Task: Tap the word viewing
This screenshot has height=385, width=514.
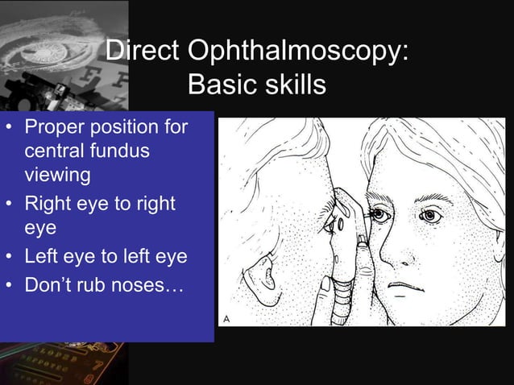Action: coord(57,173)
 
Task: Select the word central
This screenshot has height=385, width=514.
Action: coord(56,151)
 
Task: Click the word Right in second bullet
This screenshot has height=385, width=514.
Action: coord(50,204)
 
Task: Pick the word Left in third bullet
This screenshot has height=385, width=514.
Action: coord(44,257)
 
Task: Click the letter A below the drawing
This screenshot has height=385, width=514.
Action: coord(227,318)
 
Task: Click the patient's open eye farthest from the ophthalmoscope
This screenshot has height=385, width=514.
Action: coord(431,216)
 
